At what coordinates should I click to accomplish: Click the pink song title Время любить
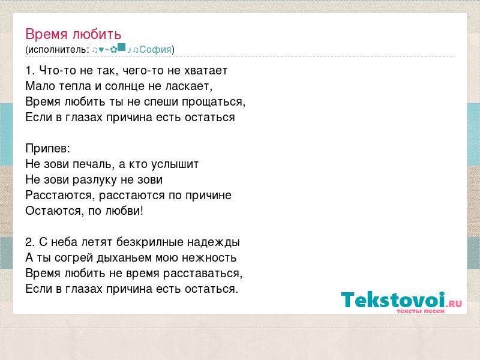(x=73, y=34)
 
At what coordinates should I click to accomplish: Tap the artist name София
(x=155, y=49)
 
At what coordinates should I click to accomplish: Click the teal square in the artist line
(x=122, y=47)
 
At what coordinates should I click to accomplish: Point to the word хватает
(x=206, y=71)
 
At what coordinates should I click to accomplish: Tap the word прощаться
(x=214, y=102)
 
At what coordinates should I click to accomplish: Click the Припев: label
(x=48, y=148)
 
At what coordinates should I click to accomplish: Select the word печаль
(x=93, y=164)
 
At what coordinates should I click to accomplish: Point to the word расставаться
(x=203, y=274)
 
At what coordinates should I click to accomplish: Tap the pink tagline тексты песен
(x=421, y=311)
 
